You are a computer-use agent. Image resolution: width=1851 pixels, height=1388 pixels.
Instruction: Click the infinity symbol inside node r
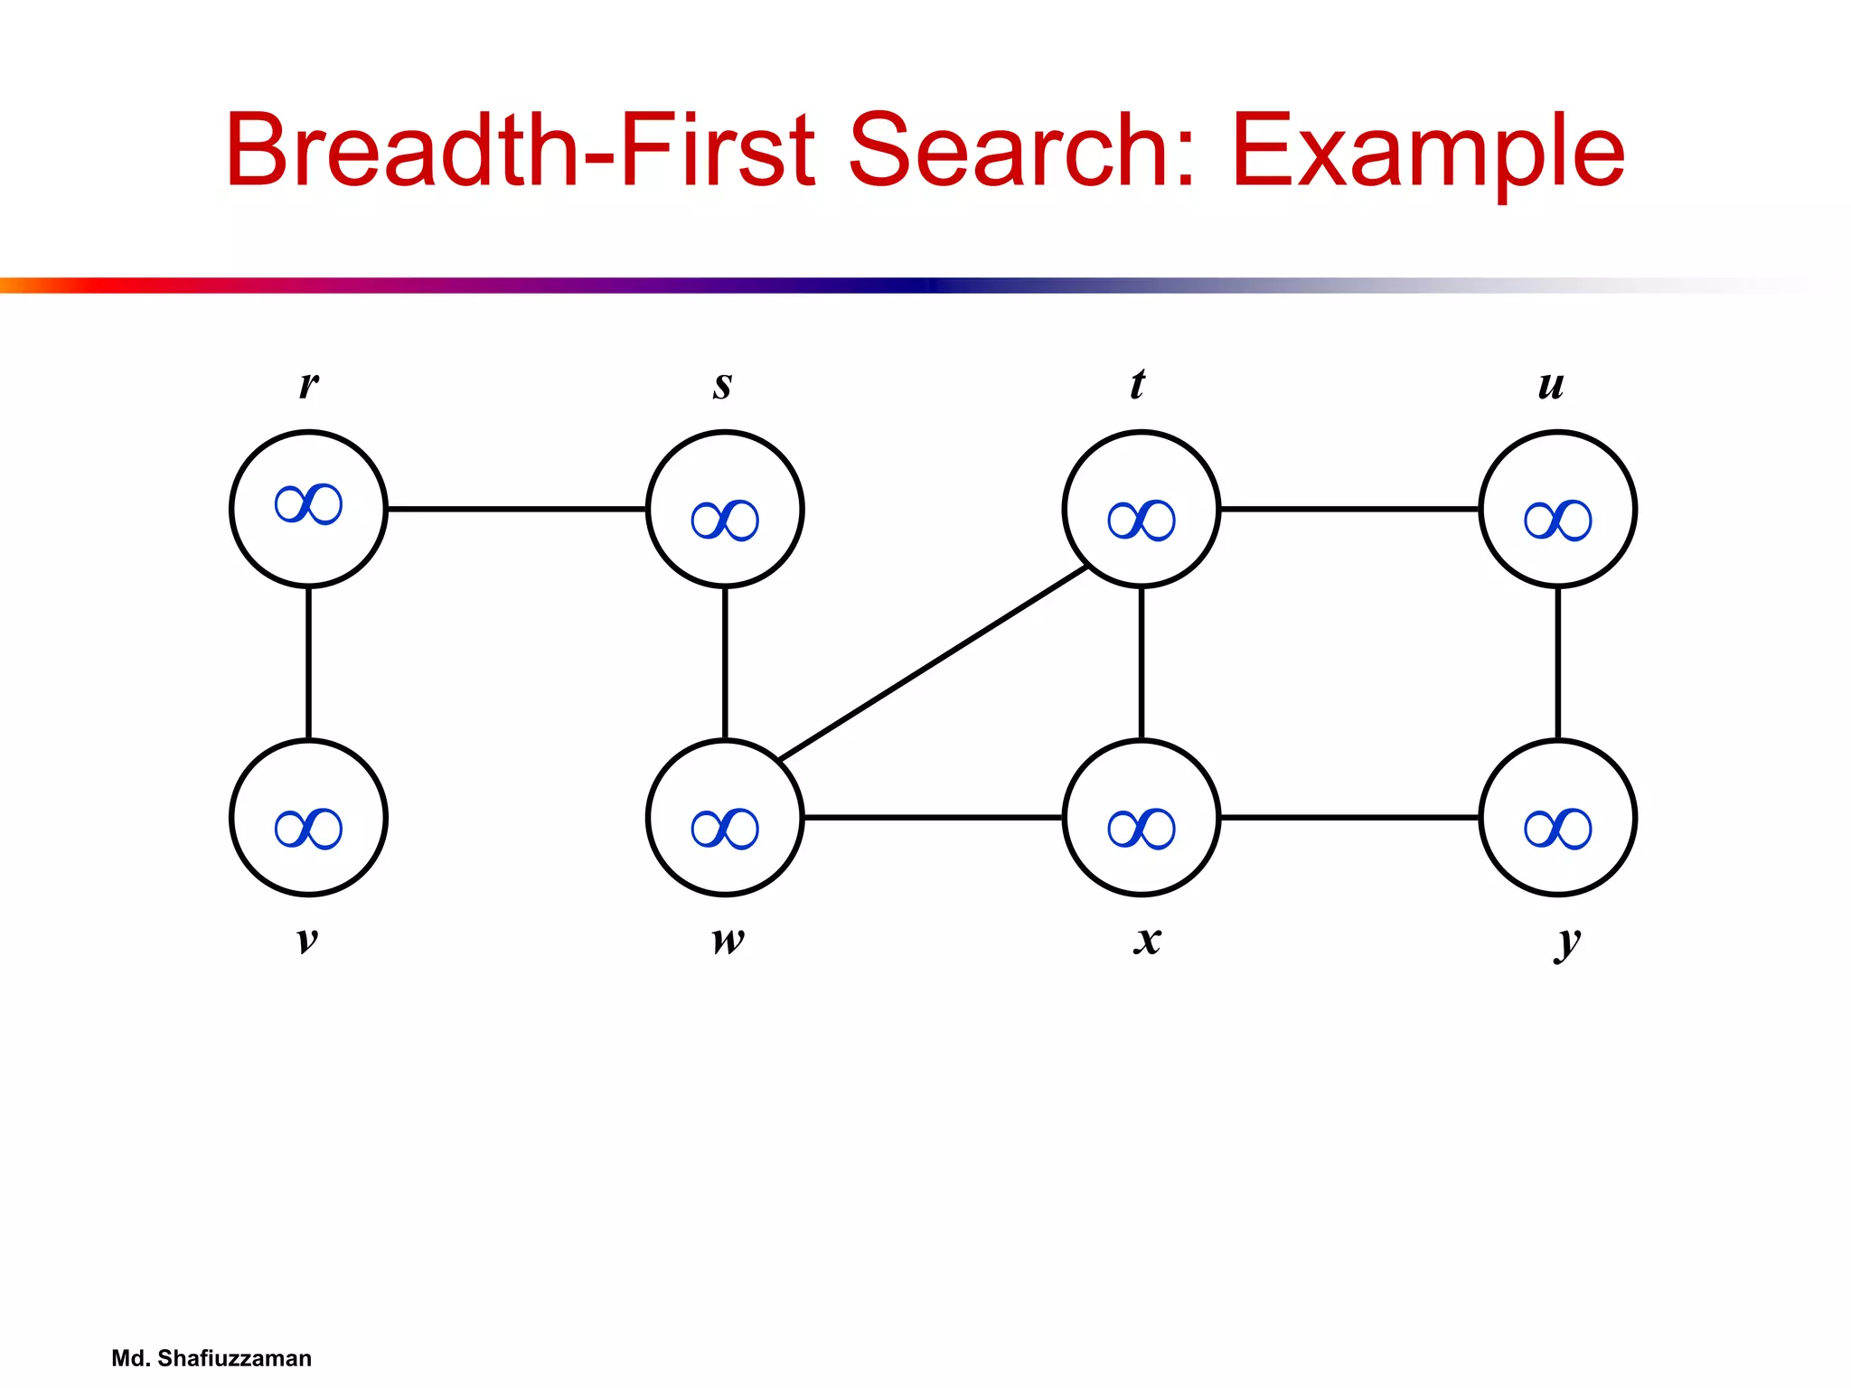308,504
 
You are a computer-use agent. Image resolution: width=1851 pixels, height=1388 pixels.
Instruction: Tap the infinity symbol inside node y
1557,829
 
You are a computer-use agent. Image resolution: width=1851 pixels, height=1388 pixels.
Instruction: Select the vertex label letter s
722,385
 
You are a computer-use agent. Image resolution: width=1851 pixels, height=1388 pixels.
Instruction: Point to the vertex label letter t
1137,384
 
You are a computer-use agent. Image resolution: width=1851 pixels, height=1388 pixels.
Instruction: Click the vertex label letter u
1551,386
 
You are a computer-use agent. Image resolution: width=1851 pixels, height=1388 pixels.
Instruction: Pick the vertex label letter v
307,940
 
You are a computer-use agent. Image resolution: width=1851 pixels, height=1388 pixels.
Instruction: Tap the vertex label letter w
728,940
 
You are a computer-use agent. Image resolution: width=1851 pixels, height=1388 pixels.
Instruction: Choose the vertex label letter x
1147,940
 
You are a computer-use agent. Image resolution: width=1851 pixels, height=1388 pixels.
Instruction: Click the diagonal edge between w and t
933,663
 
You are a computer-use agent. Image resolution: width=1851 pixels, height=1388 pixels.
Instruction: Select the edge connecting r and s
516,510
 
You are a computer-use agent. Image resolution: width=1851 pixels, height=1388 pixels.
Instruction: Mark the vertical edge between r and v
308,663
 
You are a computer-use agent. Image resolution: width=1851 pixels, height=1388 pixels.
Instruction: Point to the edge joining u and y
1557,663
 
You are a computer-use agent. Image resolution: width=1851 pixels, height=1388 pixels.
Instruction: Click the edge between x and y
1349,818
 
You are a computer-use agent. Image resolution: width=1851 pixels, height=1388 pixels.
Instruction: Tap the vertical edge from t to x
1142,663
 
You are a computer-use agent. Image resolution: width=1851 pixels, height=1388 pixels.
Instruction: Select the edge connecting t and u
1349,510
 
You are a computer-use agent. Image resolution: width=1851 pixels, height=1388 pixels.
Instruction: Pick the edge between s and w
725,663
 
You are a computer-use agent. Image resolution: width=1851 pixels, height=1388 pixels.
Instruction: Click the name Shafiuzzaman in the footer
234,1358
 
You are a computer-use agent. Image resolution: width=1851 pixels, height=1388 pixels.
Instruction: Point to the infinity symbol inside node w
725,829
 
